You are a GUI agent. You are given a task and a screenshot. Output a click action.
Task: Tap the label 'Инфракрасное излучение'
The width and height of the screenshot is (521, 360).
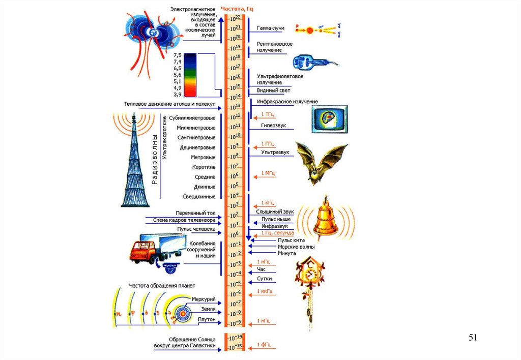point(287,102)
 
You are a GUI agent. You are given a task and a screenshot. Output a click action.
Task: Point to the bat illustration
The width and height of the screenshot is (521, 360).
point(319,162)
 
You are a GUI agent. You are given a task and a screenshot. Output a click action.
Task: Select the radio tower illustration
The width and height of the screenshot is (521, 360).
point(133,163)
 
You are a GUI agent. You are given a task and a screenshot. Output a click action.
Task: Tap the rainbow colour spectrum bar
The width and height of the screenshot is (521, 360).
point(190,74)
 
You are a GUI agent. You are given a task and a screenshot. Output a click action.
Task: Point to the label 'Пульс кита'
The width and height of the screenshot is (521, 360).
point(288,240)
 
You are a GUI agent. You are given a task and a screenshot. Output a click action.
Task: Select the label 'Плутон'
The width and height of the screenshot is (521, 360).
point(206,319)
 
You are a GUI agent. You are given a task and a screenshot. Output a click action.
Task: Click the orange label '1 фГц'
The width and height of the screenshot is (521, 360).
point(264,345)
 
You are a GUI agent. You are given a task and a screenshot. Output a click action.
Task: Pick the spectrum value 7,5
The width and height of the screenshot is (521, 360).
point(178,54)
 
